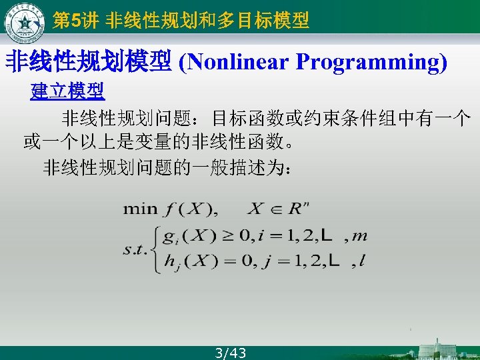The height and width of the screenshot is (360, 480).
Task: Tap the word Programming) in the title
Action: (371, 62)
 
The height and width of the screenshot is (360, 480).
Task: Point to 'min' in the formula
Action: (139, 209)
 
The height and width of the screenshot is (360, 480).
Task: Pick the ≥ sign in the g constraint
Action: (229, 235)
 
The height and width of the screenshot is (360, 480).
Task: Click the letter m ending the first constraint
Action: (359, 235)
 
